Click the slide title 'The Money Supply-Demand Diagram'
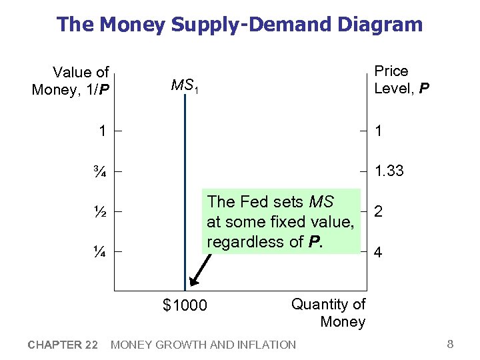coord(239,25)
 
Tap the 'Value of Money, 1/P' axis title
coord(71,81)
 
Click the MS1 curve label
coord(185,85)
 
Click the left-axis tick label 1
coord(102,131)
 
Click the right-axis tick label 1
coord(379,132)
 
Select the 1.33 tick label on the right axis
coord(389,171)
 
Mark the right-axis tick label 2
coord(379,212)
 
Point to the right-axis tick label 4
coord(379,253)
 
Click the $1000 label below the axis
coord(185,306)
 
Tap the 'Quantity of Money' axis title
coord(329,313)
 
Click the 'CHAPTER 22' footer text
coord(63,345)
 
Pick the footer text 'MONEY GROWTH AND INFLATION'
coord(203,345)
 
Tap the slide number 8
coord(450,344)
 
